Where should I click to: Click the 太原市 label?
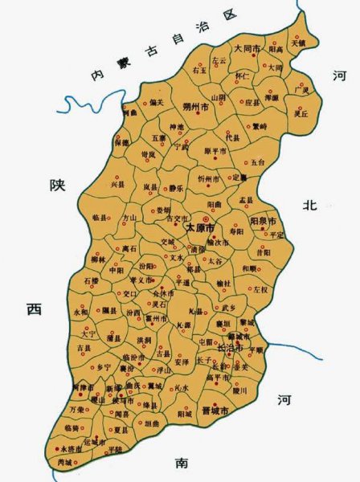coord(203,227)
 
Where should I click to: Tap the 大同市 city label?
coord(247,49)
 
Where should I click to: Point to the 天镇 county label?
coord(298,43)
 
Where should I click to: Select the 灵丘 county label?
coord(302,114)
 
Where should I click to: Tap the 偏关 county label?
coord(156,102)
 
